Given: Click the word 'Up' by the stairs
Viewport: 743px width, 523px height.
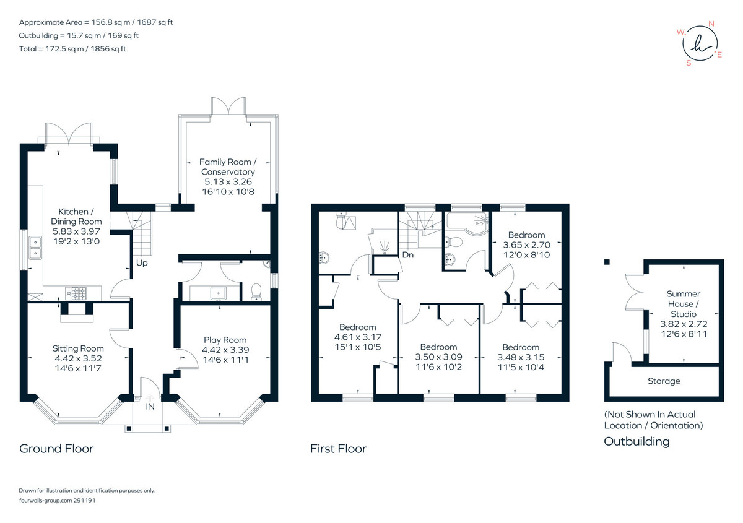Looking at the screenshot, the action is click(x=142, y=263).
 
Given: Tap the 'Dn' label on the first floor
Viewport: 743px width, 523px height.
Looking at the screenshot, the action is click(x=407, y=255).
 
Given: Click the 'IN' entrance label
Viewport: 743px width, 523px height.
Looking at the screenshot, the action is click(x=150, y=407).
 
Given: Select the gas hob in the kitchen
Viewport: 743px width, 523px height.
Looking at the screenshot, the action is click(x=76, y=293).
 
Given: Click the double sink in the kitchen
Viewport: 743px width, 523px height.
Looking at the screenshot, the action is click(x=35, y=248).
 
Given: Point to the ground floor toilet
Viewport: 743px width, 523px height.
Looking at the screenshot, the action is click(x=256, y=292).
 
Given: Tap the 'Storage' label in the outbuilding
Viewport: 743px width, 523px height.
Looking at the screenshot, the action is click(x=664, y=381).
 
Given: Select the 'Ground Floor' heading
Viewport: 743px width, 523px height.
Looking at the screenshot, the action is click(x=56, y=449).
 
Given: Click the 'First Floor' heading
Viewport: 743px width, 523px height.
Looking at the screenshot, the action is click(x=338, y=449).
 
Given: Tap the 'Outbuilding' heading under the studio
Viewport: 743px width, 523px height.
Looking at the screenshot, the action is click(x=637, y=441).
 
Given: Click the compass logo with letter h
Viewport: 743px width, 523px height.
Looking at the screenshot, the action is click(x=699, y=44).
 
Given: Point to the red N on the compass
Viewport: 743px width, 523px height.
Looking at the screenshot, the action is click(x=711, y=24).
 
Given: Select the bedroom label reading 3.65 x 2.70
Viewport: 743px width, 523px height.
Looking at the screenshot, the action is click(x=527, y=244).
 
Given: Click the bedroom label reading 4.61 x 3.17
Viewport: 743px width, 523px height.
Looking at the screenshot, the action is click(x=358, y=337).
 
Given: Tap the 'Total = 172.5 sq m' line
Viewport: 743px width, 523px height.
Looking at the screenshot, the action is click(x=72, y=49).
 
